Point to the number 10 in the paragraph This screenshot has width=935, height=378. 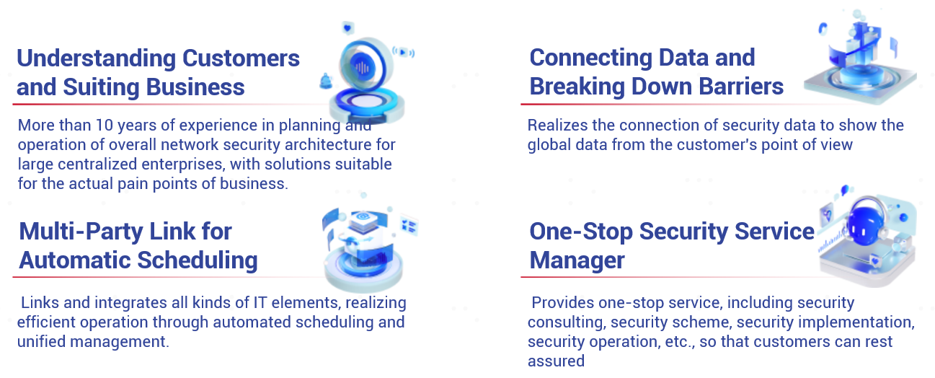click(105, 125)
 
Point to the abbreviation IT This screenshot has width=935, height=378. click(260, 302)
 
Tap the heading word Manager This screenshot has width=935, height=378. click(577, 260)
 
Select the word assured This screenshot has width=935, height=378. click(556, 361)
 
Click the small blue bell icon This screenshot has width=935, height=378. click(326, 81)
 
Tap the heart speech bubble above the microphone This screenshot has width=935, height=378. click(347, 28)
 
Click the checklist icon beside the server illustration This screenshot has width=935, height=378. click(409, 226)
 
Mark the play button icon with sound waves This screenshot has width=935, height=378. click(403, 52)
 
